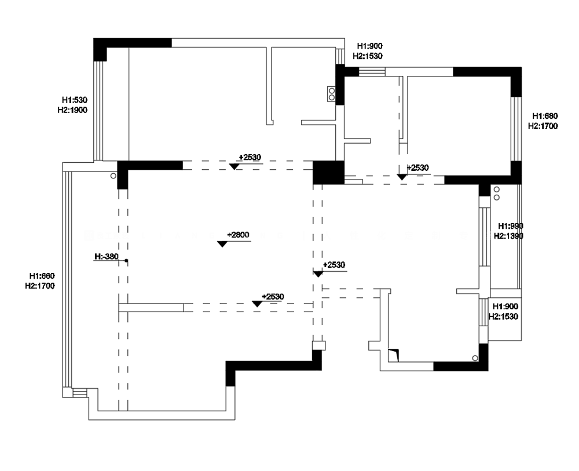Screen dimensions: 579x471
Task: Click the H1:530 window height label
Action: click(75, 100)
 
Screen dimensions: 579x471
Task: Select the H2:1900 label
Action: click(72, 110)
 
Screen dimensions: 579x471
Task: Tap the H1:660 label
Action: click(42, 276)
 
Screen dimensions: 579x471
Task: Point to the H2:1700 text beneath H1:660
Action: click(40, 286)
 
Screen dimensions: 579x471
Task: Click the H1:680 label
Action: click(545, 116)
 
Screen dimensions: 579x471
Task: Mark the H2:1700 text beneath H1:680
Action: click(543, 126)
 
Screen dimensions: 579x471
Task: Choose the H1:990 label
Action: click(511, 226)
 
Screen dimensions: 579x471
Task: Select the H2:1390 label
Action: click(508, 236)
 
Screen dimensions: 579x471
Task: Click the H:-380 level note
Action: click(107, 257)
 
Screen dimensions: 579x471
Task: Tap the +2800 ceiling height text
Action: click(238, 235)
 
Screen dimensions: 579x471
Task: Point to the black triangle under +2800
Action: click(222, 244)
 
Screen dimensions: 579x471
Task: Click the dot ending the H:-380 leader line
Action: click(126, 261)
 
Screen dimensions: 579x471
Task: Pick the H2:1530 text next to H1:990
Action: click(503, 316)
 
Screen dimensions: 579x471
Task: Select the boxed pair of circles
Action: click(332, 94)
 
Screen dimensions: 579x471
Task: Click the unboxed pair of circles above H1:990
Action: click(497, 193)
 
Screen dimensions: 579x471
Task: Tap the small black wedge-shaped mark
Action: click(394, 355)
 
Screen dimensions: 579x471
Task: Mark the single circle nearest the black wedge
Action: click(475, 358)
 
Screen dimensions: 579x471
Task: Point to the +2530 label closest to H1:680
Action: click(418, 167)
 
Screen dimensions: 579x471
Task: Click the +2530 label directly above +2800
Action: click(250, 157)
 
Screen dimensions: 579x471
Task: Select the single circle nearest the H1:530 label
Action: click(113, 176)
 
